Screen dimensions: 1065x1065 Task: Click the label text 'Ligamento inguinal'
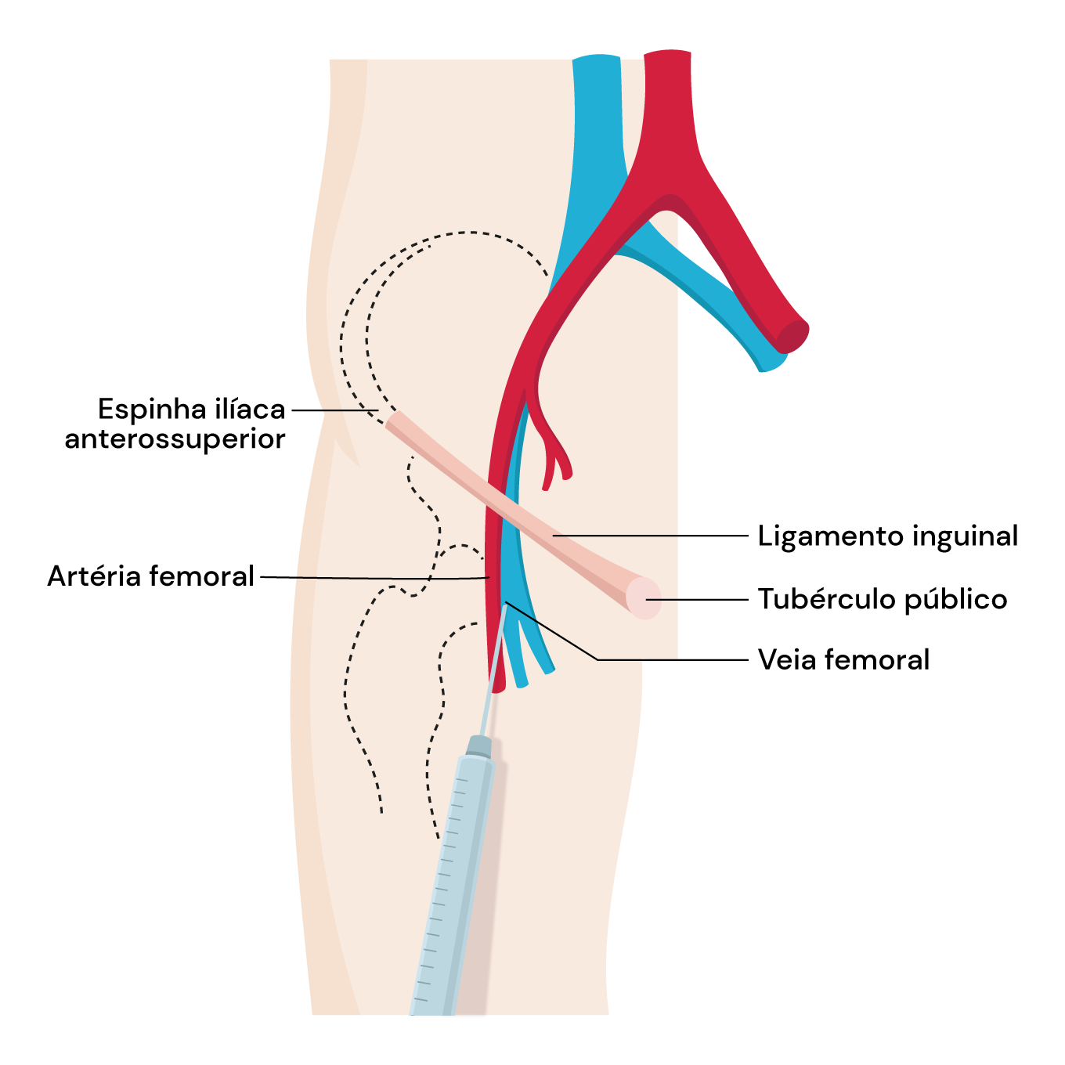point(887,536)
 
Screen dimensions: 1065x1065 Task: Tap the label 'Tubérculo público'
point(883,599)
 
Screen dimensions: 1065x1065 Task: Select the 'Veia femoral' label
point(843,659)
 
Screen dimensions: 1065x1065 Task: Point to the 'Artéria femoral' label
point(150,576)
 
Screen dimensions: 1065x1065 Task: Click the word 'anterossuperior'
point(175,439)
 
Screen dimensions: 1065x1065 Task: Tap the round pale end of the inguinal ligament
point(644,598)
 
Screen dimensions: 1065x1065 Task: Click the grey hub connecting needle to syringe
point(478,746)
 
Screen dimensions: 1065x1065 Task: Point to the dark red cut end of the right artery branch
point(792,335)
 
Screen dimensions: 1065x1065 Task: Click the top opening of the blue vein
point(597,60)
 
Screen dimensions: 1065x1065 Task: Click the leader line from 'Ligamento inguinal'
point(650,536)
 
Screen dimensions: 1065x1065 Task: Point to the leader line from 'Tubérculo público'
point(697,599)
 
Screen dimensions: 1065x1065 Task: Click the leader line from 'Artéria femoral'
point(368,578)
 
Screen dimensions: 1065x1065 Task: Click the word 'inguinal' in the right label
point(965,536)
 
